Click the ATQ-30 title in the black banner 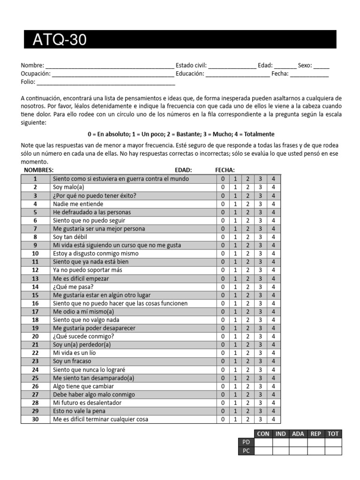pos(60,40)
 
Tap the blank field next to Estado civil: pos(232,66)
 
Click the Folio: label pos(28,82)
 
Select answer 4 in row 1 pos(273,179)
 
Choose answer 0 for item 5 pos(223,212)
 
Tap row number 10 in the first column pos(35,254)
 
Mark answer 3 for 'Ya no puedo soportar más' pos(261,270)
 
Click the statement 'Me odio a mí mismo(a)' pos(83,312)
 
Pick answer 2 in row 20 pos(248,337)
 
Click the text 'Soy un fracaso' pos(72,361)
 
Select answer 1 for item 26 pos(235,386)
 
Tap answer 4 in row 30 pos(273,420)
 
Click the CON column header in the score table pos(263,434)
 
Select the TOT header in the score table pos(333,434)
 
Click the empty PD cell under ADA pos(298,442)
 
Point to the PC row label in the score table pos(247,451)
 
